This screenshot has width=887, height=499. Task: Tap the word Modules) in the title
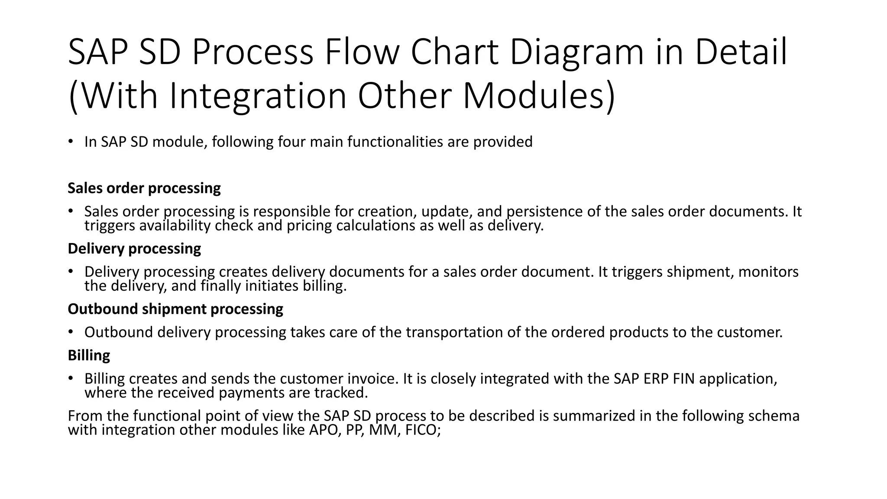[538, 96]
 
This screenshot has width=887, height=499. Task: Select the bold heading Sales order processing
[144, 188]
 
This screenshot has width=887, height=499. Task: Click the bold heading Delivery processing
[134, 249]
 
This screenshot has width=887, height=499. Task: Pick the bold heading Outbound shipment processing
[175, 309]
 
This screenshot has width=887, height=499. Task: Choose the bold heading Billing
[89, 355]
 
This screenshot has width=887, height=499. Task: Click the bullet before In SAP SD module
[70, 142]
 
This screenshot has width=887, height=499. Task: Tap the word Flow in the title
[362, 52]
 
